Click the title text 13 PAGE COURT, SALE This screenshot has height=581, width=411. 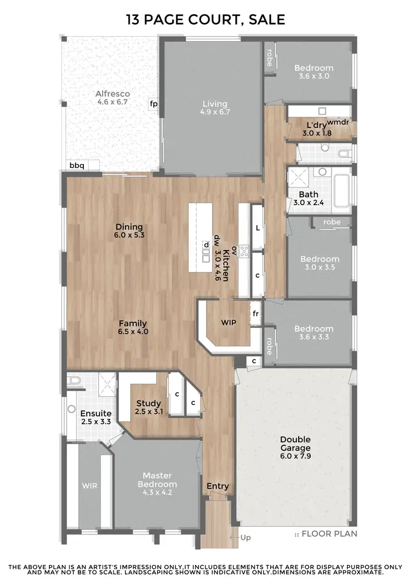(x=206, y=20)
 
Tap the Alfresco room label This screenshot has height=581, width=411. (x=112, y=98)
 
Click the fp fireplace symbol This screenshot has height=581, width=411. (x=154, y=103)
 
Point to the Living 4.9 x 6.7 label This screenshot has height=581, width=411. (x=214, y=108)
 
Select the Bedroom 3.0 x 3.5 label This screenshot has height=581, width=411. (x=319, y=263)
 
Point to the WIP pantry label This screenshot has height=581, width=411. (x=229, y=322)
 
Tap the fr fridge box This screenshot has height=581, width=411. (x=255, y=314)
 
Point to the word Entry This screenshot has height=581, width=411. (x=218, y=486)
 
